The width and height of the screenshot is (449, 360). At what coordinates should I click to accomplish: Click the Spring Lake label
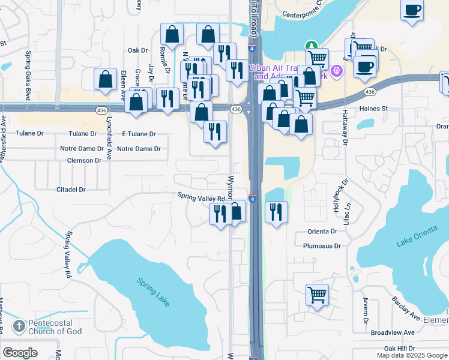pos(154,292)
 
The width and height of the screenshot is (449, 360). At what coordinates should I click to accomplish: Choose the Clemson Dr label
pos(84,161)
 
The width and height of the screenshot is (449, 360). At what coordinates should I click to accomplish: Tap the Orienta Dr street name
pos(322,231)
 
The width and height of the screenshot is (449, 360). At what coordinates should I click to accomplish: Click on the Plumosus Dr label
pos(322,246)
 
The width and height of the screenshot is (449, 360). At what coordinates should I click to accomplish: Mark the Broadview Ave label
pos(393,332)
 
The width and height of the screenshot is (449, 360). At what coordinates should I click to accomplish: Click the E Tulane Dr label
pos(139,134)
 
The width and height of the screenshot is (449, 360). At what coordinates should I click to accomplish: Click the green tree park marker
pos(311,45)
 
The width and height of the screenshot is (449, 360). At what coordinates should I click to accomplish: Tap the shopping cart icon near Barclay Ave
pos(317,294)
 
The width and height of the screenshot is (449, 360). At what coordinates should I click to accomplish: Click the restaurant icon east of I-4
pos(276,211)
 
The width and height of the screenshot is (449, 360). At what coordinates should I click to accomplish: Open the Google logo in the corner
pos(20,353)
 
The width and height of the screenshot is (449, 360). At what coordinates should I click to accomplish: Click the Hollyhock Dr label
pos(346,196)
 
